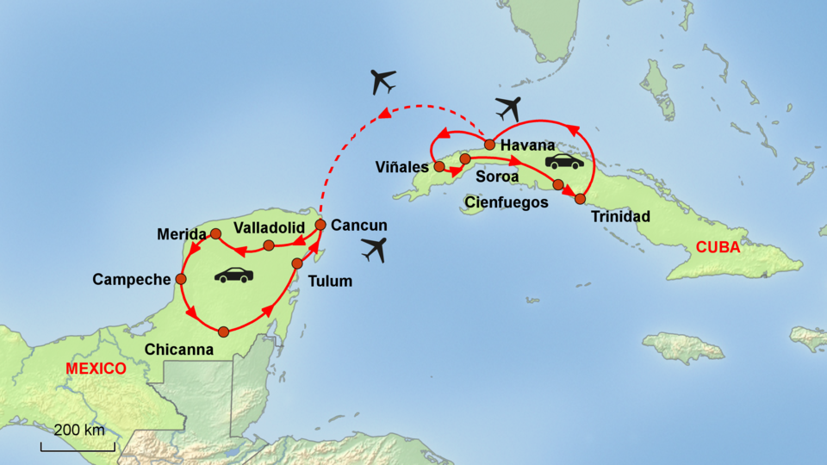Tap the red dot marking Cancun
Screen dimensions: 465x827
pos(320,225)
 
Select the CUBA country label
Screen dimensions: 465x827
pos(718,248)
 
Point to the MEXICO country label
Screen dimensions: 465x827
pos(96,369)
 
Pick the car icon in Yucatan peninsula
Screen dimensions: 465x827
pos(234,276)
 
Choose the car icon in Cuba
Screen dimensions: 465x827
pos(564,161)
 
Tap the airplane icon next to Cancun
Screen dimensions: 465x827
pos(374,249)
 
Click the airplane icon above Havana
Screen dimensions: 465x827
pos(509,109)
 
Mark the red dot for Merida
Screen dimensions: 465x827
pos(215,234)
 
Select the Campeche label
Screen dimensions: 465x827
pos(133,279)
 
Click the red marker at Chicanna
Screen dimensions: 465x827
pos(224,332)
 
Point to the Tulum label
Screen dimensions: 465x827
pos(330,280)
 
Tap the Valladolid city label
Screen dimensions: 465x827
pos(270,227)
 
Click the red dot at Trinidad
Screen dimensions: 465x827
pos(580,199)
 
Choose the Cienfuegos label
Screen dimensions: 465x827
pos(506,203)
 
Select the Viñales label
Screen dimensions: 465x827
pos(401,166)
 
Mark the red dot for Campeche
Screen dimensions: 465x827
pos(181,279)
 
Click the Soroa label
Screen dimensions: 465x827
pos(497,177)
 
